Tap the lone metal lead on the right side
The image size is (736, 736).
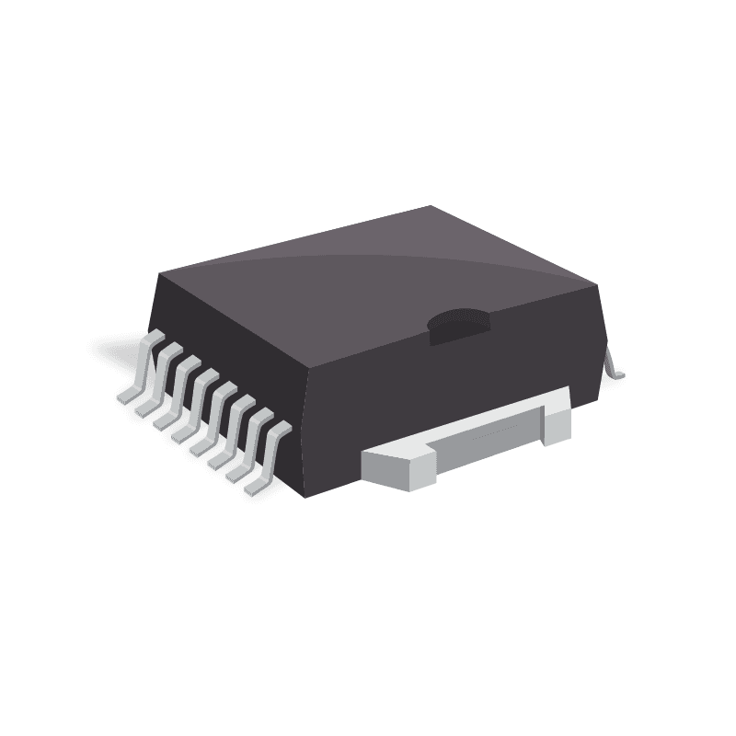click(613, 364)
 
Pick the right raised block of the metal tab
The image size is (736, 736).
click(556, 419)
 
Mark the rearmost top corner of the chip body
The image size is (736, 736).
click(431, 206)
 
